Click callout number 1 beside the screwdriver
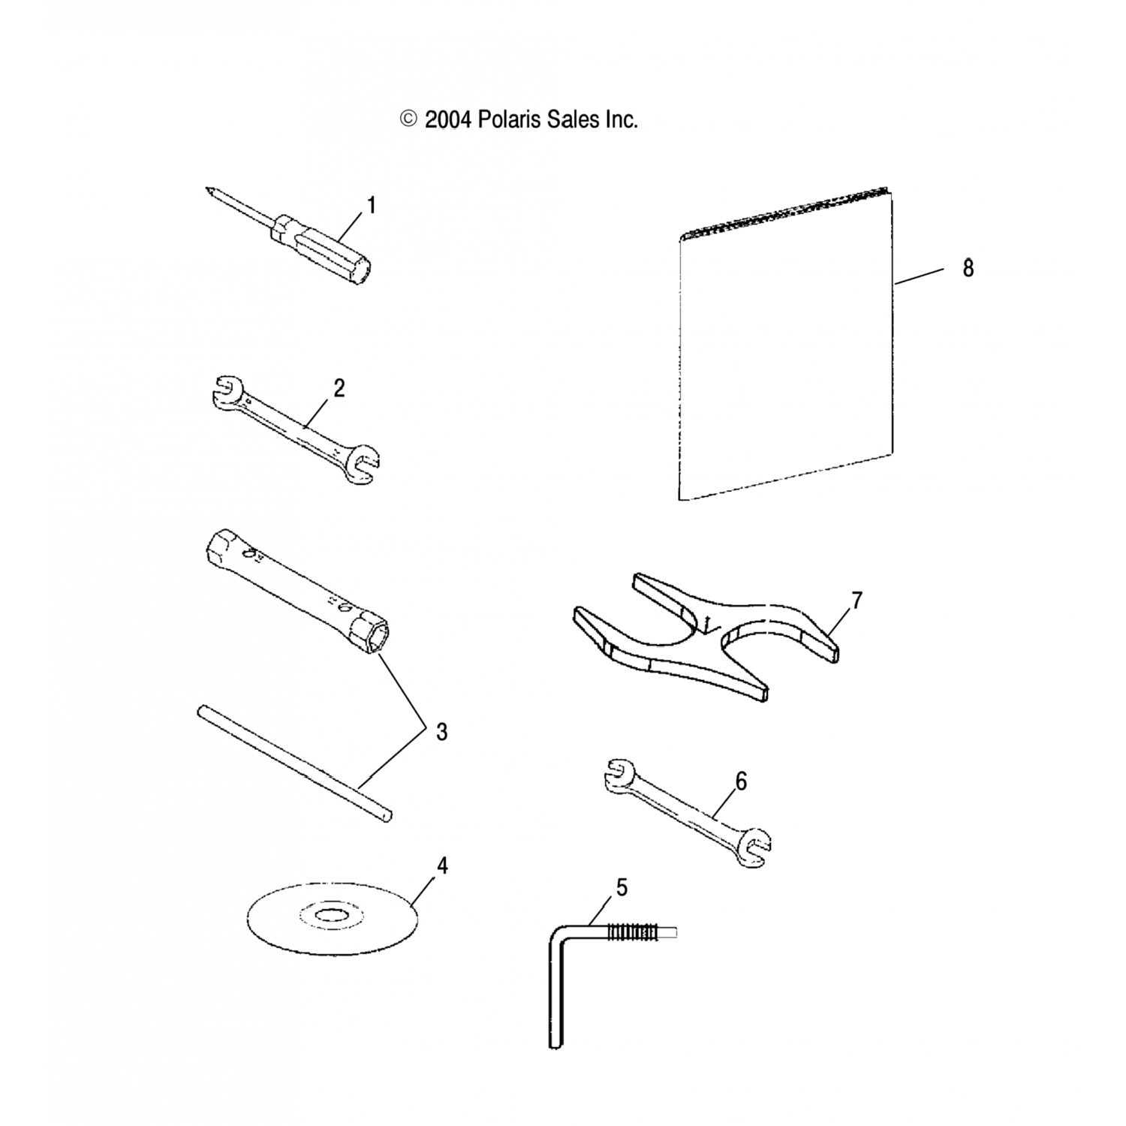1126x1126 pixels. [x=370, y=206]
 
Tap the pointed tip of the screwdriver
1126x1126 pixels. [x=208, y=190]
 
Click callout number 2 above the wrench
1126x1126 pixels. [x=339, y=389]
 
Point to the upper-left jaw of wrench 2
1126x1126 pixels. [x=224, y=393]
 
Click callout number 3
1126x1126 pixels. [x=441, y=732]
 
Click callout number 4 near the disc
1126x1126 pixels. [x=442, y=866]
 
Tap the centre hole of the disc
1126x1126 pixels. [x=331, y=916]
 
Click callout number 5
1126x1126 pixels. [x=621, y=887]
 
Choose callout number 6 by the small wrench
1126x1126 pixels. [x=741, y=782]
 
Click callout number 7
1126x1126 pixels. [x=857, y=601]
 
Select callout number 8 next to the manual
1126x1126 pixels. [x=968, y=268]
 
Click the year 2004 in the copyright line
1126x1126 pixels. [x=447, y=119]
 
